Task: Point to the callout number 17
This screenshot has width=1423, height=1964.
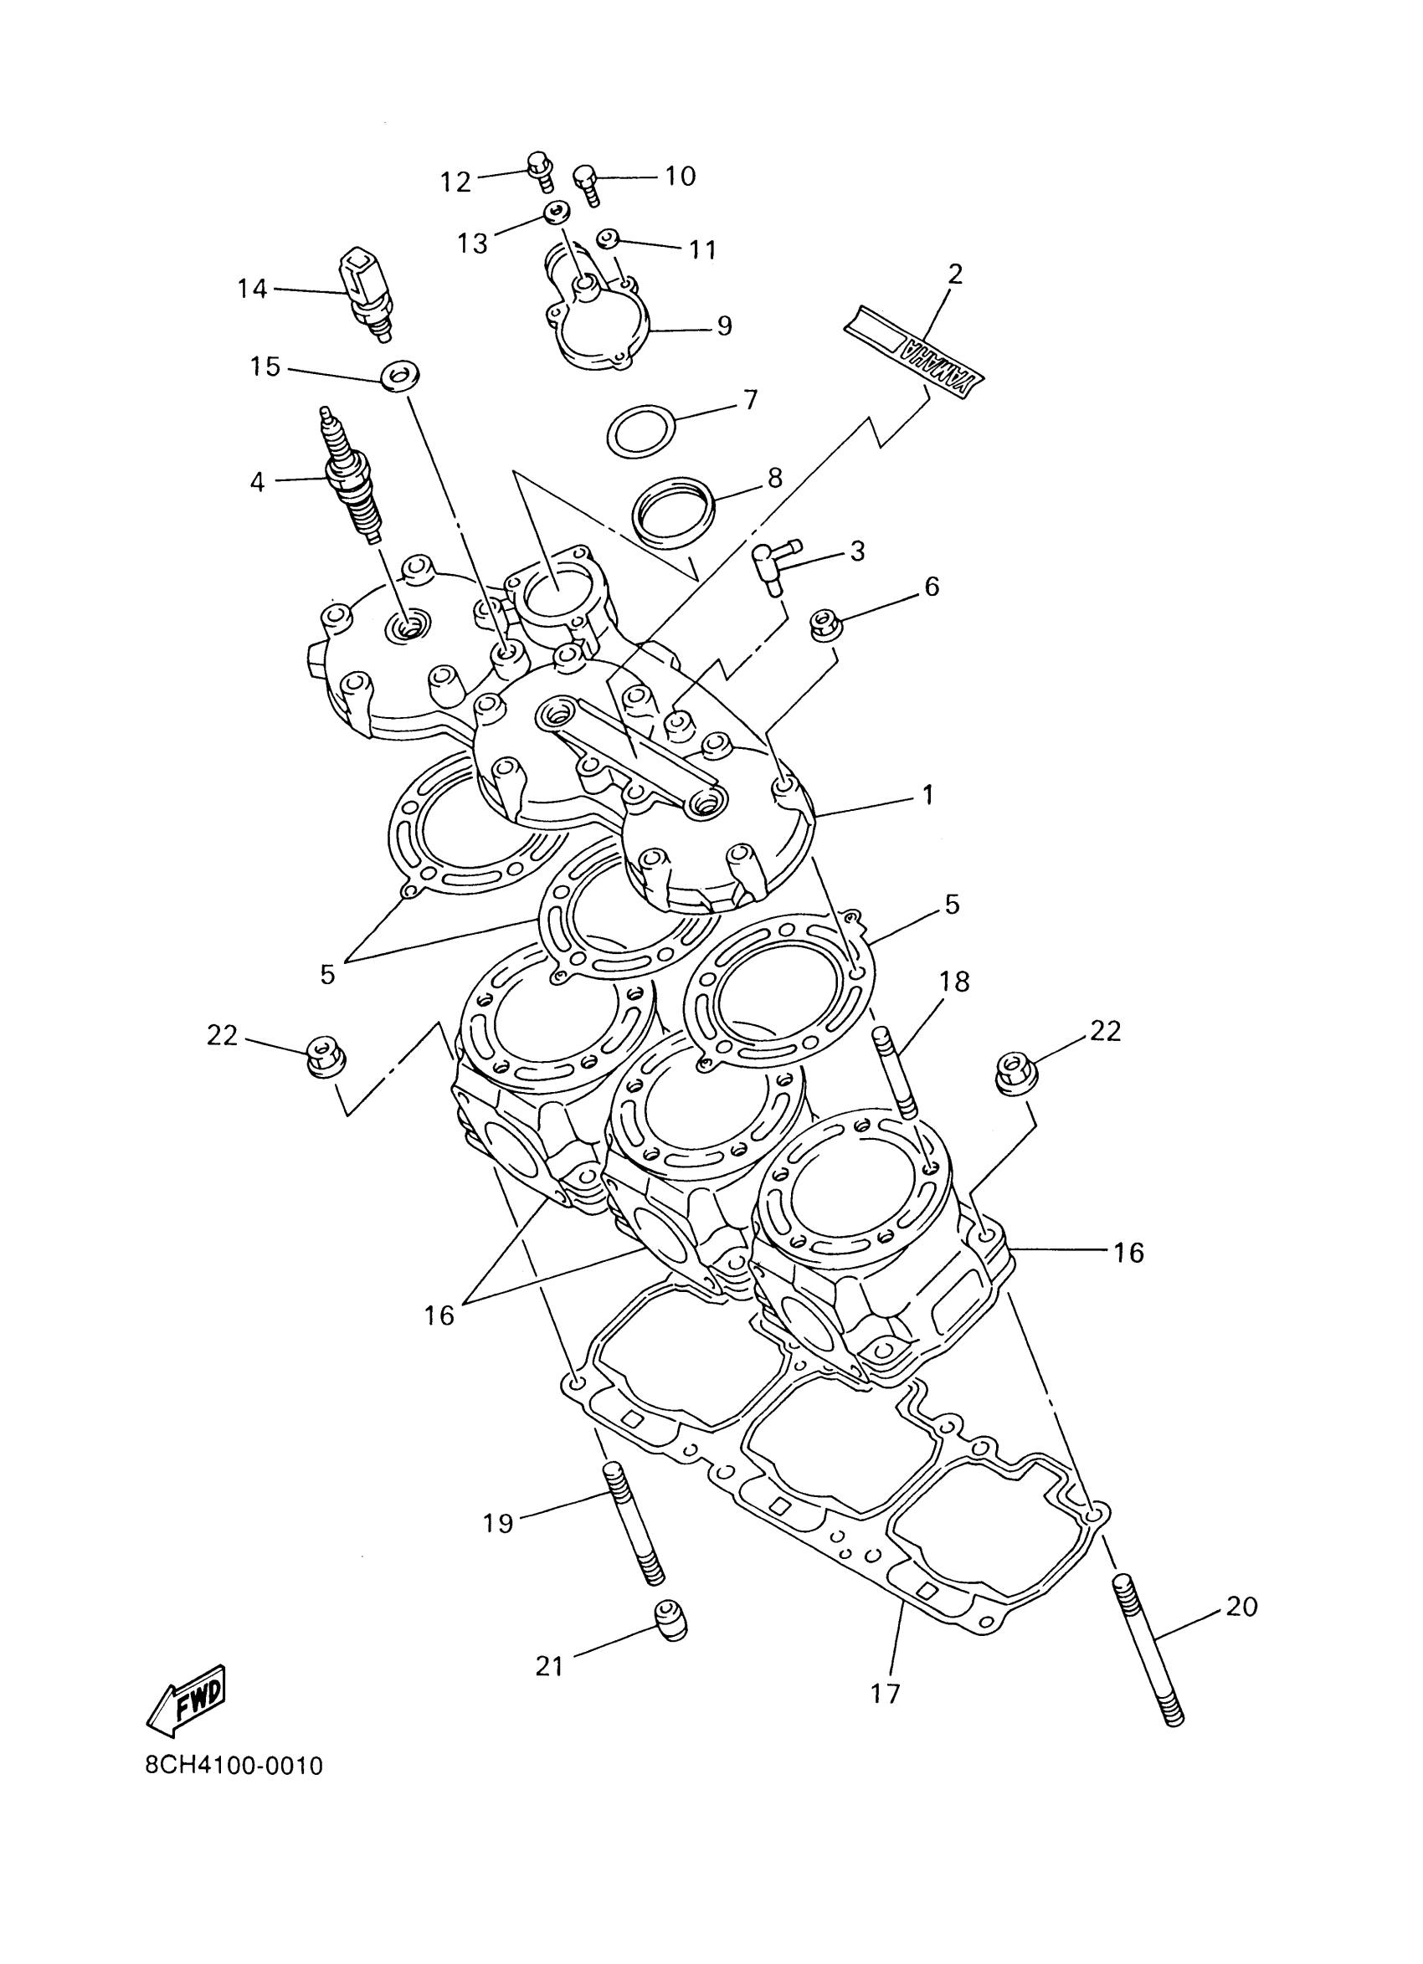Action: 886,1693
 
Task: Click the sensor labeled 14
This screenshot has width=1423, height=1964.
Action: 366,292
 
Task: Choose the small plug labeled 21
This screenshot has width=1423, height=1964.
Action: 668,1617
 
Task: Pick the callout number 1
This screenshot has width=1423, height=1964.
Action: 927,794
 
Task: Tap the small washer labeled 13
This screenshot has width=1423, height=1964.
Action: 555,213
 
